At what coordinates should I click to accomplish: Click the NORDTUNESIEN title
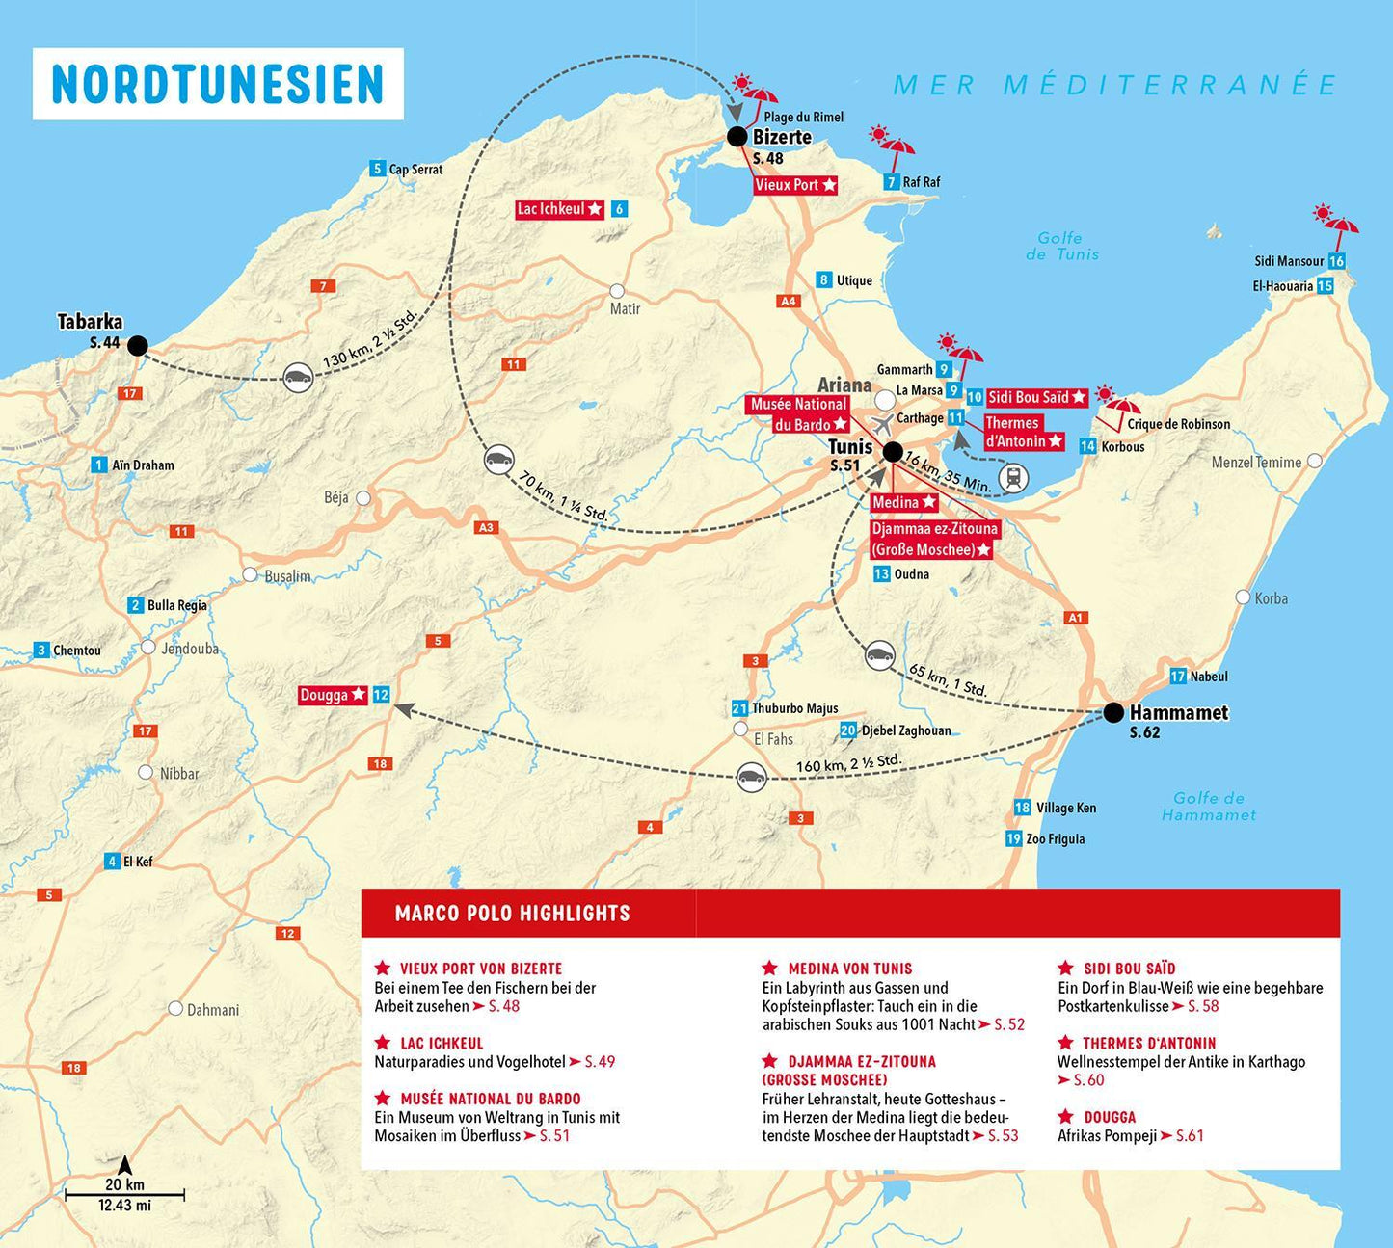(218, 84)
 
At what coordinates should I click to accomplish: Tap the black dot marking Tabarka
(138, 345)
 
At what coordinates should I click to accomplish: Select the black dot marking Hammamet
(1113, 713)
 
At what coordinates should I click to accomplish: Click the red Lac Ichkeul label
(560, 209)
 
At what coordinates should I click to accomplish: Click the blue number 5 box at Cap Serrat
(378, 170)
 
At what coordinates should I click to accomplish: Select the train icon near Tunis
(1013, 477)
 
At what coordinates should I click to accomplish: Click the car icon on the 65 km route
(879, 655)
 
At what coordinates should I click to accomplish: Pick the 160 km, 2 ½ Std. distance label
(848, 766)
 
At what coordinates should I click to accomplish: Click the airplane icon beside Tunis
(882, 425)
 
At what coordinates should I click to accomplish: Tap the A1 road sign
(1076, 618)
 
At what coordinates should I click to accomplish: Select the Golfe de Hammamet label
(1209, 807)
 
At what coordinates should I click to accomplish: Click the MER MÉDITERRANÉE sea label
(1114, 85)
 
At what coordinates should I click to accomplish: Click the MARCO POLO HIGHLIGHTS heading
(512, 914)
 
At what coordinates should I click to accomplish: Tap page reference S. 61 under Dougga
(1190, 1136)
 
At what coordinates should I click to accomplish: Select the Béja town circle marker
(363, 498)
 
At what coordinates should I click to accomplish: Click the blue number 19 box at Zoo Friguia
(1013, 838)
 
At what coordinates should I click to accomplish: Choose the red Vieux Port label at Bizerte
(795, 185)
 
